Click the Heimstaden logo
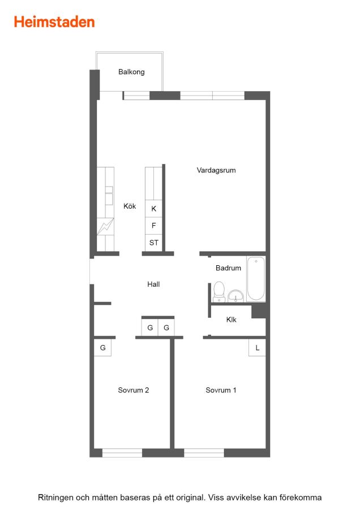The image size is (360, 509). (54, 22)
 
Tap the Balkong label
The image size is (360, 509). (131, 72)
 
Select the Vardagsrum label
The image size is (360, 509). (216, 170)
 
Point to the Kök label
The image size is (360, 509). (130, 206)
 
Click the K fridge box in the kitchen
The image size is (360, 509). (154, 209)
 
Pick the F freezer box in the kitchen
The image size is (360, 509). (154, 226)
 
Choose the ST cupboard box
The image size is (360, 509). (154, 243)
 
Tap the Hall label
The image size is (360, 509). (153, 284)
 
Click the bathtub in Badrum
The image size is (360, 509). (256, 279)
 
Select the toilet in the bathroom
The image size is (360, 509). (219, 291)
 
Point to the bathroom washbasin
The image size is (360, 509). (235, 296)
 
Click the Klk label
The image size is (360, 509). (231, 320)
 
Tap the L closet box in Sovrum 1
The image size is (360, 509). (258, 348)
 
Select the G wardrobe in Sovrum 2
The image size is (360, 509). (102, 348)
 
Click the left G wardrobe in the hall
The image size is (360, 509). (150, 327)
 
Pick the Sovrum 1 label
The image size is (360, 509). (221, 390)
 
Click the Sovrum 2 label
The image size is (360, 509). (134, 390)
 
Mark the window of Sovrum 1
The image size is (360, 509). (204, 453)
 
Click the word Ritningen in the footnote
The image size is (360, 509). (55, 498)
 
